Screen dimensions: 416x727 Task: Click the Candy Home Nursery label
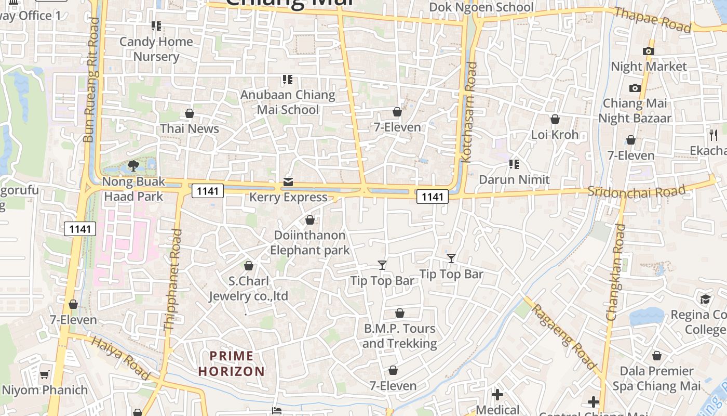click(x=156, y=49)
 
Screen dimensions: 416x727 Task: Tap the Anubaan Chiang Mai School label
click(x=288, y=102)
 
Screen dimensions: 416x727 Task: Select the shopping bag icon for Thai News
click(x=190, y=113)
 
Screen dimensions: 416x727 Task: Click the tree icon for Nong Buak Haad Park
click(x=133, y=166)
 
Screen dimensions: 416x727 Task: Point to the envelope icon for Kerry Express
click(x=288, y=181)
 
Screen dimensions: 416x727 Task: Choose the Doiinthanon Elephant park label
click(x=310, y=242)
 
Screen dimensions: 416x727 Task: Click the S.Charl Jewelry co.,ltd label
click(x=249, y=289)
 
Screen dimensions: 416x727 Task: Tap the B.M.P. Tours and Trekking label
click(x=399, y=336)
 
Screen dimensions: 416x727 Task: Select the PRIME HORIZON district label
click(x=232, y=363)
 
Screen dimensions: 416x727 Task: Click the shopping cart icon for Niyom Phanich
click(x=45, y=374)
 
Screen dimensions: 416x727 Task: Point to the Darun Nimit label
click(x=514, y=179)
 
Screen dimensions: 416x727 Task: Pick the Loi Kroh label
click(x=555, y=135)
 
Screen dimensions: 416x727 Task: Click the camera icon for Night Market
click(x=648, y=51)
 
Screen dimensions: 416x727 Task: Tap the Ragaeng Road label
click(x=564, y=336)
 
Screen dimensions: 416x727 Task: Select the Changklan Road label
click(x=614, y=272)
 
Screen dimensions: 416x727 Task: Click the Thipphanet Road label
click(x=173, y=280)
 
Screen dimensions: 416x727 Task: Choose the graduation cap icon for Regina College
click(x=705, y=300)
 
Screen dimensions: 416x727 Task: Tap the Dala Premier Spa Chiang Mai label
click(x=656, y=379)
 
